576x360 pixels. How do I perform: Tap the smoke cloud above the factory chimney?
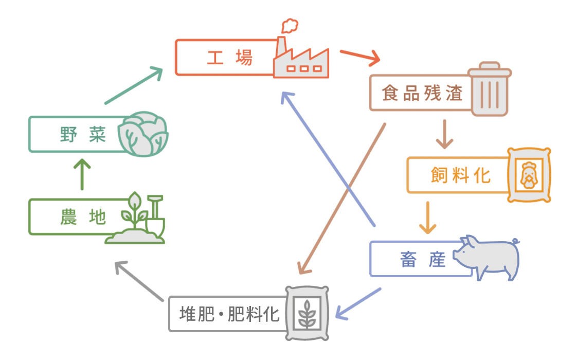click(x=290, y=26)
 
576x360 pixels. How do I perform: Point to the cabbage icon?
click(x=143, y=134)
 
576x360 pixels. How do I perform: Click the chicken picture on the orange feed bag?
click(x=529, y=175)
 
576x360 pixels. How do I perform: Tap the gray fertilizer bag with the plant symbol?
click(x=307, y=313)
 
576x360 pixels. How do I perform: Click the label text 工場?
click(x=229, y=58)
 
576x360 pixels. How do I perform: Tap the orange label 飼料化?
click(x=461, y=175)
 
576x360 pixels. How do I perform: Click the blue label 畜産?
click(x=422, y=259)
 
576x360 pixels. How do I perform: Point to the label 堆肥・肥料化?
click(x=229, y=314)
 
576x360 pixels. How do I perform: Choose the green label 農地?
click(x=83, y=217)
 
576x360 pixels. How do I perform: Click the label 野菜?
click(x=83, y=134)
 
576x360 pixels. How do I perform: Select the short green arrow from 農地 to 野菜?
click(x=82, y=174)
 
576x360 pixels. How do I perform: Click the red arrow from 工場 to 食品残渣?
click(x=360, y=57)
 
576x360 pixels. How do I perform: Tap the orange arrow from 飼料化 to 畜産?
click(x=427, y=218)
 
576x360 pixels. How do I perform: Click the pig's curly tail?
click(x=516, y=241)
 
